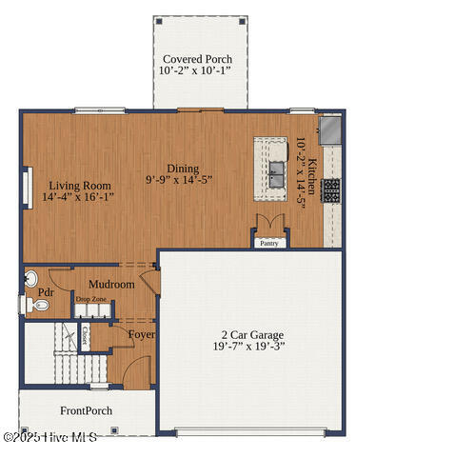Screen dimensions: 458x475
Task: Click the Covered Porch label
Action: coord(197,59)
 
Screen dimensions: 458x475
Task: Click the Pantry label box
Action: coord(270,242)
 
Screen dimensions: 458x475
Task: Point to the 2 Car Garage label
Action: coord(252,335)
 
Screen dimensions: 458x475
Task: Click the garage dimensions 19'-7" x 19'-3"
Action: coord(252,348)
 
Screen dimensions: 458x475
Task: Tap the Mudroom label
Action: coord(111,284)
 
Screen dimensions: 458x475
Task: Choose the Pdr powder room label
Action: coord(46,292)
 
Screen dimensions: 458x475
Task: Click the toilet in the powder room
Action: coord(35,305)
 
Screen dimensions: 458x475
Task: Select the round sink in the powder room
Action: coord(30,279)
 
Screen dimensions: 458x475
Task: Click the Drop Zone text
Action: coord(92,300)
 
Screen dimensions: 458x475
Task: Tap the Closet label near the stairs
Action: coord(86,335)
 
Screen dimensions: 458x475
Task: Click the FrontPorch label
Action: coord(86,411)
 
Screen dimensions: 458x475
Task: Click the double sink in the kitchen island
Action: coord(277,171)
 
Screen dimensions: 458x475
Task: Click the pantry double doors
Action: coord(270,224)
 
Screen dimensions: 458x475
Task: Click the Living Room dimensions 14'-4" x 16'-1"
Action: coord(79,198)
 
